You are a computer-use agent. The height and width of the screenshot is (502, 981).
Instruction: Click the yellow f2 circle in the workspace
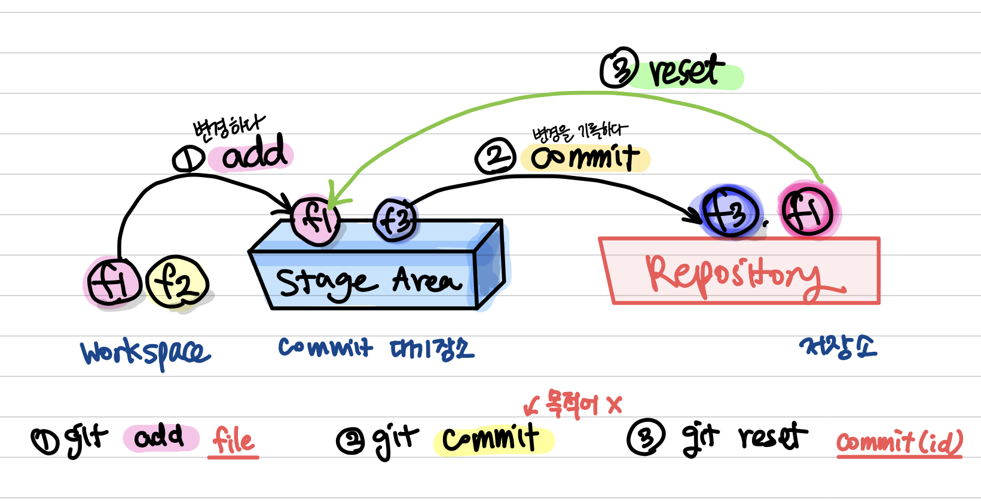tap(177, 282)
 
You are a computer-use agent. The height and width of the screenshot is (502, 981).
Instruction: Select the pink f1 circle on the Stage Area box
tap(316, 219)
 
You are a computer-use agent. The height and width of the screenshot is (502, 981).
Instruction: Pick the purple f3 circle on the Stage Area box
tap(395, 220)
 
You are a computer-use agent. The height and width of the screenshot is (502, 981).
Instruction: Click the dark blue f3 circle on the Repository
tap(730, 212)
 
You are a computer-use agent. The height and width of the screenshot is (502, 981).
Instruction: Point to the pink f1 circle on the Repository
tap(808, 211)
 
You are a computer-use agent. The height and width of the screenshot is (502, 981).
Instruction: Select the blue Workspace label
tap(145, 353)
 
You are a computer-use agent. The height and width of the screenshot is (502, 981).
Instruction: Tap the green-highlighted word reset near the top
tap(686, 72)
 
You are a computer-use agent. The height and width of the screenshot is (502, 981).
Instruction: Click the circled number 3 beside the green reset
tap(619, 68)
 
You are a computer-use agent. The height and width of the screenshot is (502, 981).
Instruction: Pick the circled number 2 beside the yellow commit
tap(495, 156)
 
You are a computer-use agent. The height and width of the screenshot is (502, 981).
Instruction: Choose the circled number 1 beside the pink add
tap(189, 159)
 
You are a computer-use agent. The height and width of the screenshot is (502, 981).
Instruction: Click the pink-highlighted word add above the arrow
tap(254, 154)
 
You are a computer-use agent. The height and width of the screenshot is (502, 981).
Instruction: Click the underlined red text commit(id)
tap(899, 443)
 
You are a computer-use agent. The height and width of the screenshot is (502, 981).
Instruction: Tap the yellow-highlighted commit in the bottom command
tap(491, 439)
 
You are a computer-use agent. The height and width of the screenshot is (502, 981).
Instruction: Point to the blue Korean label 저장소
tap(838, 346)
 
